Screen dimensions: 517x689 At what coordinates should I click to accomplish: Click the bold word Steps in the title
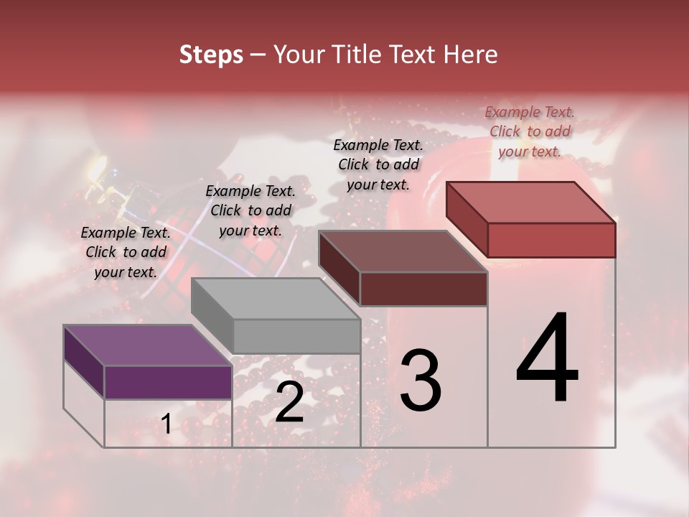pos(211,55)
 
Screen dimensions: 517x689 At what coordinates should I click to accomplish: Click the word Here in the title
pos(471,55)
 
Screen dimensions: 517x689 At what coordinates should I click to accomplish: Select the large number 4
pos(547,358)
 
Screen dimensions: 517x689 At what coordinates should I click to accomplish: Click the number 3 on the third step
pos(421,380)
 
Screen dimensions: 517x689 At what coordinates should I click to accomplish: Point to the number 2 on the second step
pos(289,402)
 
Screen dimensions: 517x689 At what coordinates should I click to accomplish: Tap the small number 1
pos(167,424)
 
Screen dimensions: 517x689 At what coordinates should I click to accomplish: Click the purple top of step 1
pos(147,345)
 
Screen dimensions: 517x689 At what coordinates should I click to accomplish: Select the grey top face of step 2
pos(276,299)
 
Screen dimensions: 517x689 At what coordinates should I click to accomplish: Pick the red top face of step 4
pos(531,202)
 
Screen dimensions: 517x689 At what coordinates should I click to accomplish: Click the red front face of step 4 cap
pos(551,240)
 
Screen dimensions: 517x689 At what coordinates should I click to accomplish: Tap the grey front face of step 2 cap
pos(296,336)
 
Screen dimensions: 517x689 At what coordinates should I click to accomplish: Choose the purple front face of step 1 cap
pos(168,382)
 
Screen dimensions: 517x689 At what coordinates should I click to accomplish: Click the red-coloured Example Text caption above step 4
pos(530,131)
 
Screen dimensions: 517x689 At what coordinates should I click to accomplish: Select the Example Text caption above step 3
pos(378,164)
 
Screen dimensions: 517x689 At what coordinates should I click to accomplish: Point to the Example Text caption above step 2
pos(250,210)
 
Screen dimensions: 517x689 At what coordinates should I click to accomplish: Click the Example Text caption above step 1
pos(126,252)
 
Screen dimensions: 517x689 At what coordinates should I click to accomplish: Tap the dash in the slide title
pos(258,55)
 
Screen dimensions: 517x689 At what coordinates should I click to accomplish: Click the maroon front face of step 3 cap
pos(423,289)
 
